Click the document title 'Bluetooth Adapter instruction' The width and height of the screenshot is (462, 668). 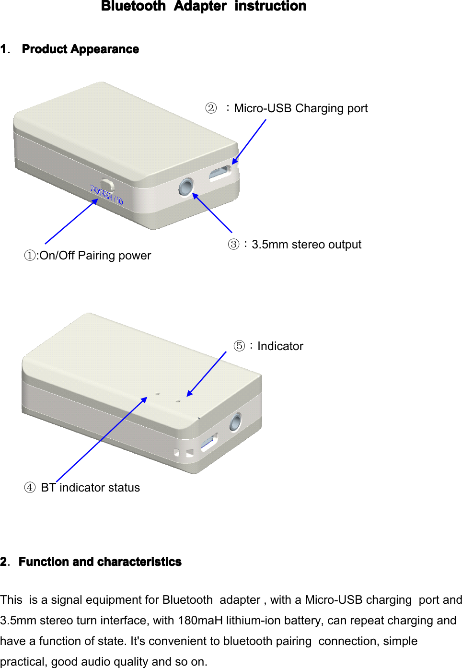[x=204, y=6]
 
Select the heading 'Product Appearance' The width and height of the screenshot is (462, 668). [x=80, y=49]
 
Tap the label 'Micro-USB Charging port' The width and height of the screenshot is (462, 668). [x=300, y=108]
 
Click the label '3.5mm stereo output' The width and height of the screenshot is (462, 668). [x=306, y=245]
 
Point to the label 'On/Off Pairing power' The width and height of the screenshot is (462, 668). [x=95, y=256]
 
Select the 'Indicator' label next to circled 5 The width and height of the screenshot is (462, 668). [x=280, y=346]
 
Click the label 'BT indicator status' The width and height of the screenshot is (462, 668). [x=90, y=488]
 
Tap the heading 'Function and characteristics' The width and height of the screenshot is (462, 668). [x=100, y=562]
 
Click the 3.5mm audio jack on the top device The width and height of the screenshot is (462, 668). [x=185, y=187]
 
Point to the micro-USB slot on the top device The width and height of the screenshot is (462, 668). [x=220, y=174]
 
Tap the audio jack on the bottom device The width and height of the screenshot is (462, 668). [x=235, y=422]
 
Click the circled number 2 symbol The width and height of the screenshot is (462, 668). [x=211, y=108]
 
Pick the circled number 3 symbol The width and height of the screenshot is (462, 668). [x=233, y=245]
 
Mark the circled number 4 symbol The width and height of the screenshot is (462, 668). [x=30, y=488]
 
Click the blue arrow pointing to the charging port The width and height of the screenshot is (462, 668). [x=249, y=142]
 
